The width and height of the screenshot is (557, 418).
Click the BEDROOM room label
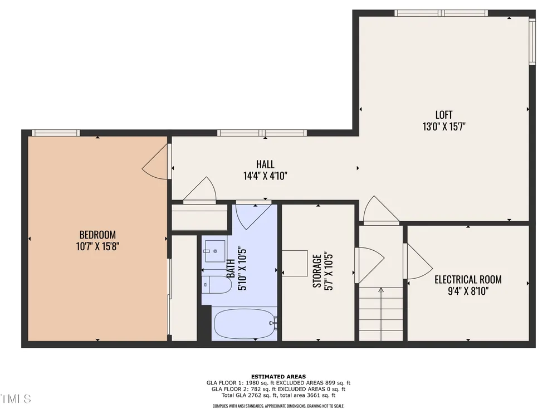97,235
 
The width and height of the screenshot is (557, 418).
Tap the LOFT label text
444,115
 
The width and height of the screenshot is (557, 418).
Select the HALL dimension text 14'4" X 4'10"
265,176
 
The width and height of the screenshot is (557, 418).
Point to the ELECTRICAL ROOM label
468,279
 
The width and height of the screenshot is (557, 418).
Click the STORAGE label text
317,271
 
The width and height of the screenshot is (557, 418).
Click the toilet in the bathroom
217,284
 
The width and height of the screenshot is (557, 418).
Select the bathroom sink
215,251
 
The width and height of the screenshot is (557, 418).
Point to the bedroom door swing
155,162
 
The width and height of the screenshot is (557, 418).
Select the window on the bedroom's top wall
56,133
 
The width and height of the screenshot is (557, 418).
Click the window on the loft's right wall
532,42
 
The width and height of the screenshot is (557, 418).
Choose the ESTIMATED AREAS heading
278,376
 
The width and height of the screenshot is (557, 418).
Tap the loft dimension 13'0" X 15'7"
444,127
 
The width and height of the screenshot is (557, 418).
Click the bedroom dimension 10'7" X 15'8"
97,246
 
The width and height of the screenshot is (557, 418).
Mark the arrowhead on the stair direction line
381,290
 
